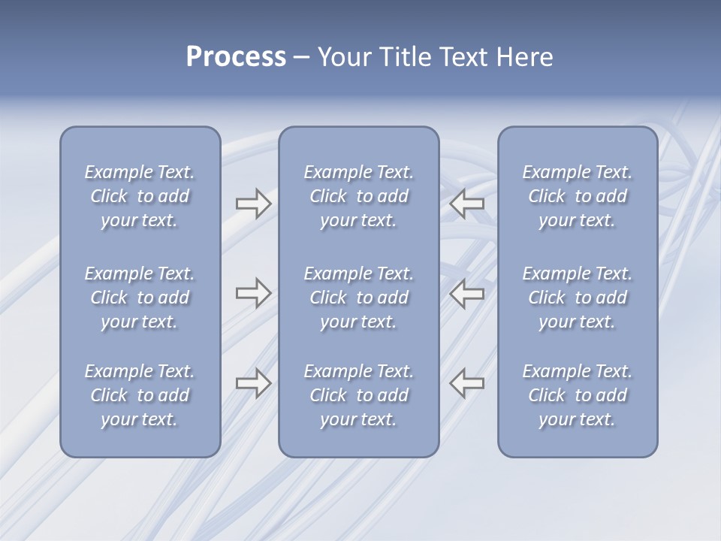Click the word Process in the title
(x=236, y=57)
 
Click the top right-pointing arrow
(x=253, y=204)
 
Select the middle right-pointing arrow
(x=253, y=293)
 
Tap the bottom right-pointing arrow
(x=253, y=383)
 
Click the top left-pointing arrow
(x=467, y=204)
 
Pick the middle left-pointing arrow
(x=467, y=293)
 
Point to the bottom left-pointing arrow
(x=467, y=383)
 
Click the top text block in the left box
(x=140, y=196)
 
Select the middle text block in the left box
(x=140, y=298)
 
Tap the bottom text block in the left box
(x=140, y=395)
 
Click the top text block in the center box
(x=359, y=196)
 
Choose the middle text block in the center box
(x=359, y=298)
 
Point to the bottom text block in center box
(x=359, y=395)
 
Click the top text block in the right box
(x=578, y=196)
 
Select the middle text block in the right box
(x=578, y=298)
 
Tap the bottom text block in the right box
(x=578, y=395)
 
